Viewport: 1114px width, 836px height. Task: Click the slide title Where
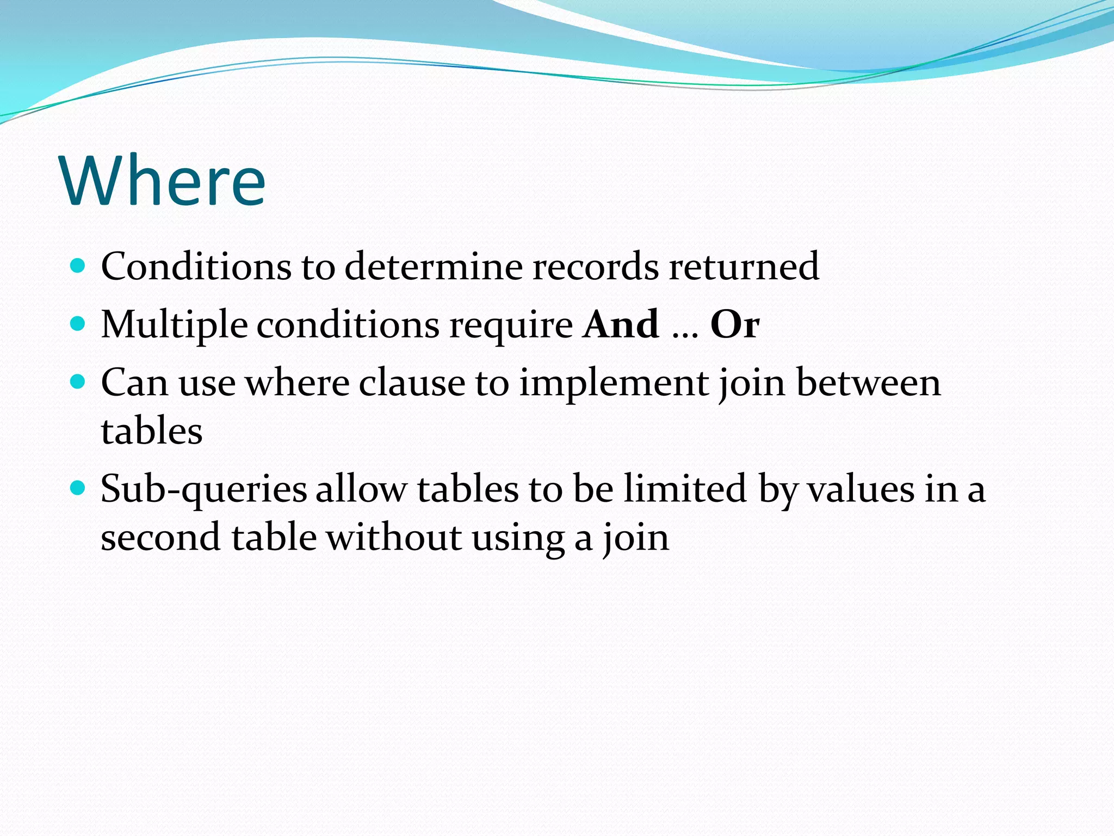pyautogui.click(x=163, y=181)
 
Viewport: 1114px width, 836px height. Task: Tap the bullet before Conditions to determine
pyautogui.click(x=78, y=266)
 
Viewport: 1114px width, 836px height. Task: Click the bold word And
pyautogui.click(x=621, y=324)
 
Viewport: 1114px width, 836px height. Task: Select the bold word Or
pyautogui.click(x=734, y=324)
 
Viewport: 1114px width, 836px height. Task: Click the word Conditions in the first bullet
pyautogui.click(x=196, y=267)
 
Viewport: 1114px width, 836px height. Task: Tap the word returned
pyautogui.click(x=744, y=267)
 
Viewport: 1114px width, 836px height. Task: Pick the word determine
pyautogui.click(x=433, y=267)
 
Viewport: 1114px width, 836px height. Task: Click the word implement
pyautogui.click(x=613, y=383)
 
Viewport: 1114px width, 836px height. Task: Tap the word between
pyautogui.click(x=868, y=383)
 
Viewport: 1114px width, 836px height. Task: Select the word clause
pyautogui.click(x=412, y=383)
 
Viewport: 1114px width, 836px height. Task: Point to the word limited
pyautogui.click(x=685, y=489)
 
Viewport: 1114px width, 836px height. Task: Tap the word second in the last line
pyautogui.click(x=160, y=538)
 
